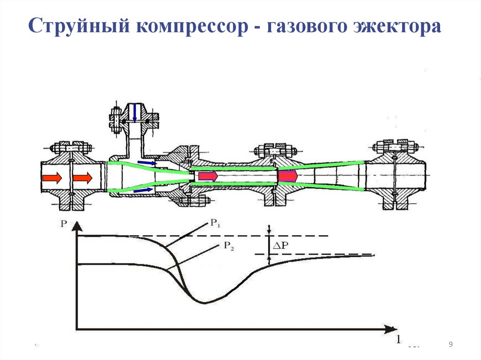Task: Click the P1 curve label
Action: (215, 224)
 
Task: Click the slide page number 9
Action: (450, 345)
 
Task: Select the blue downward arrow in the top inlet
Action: (135, 113)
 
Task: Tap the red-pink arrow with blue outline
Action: (207, 176)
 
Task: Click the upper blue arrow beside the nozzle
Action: (147, 163)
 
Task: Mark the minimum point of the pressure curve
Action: (203, 303)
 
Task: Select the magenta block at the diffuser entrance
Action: (287, 176)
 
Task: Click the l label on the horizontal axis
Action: (398, 338)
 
